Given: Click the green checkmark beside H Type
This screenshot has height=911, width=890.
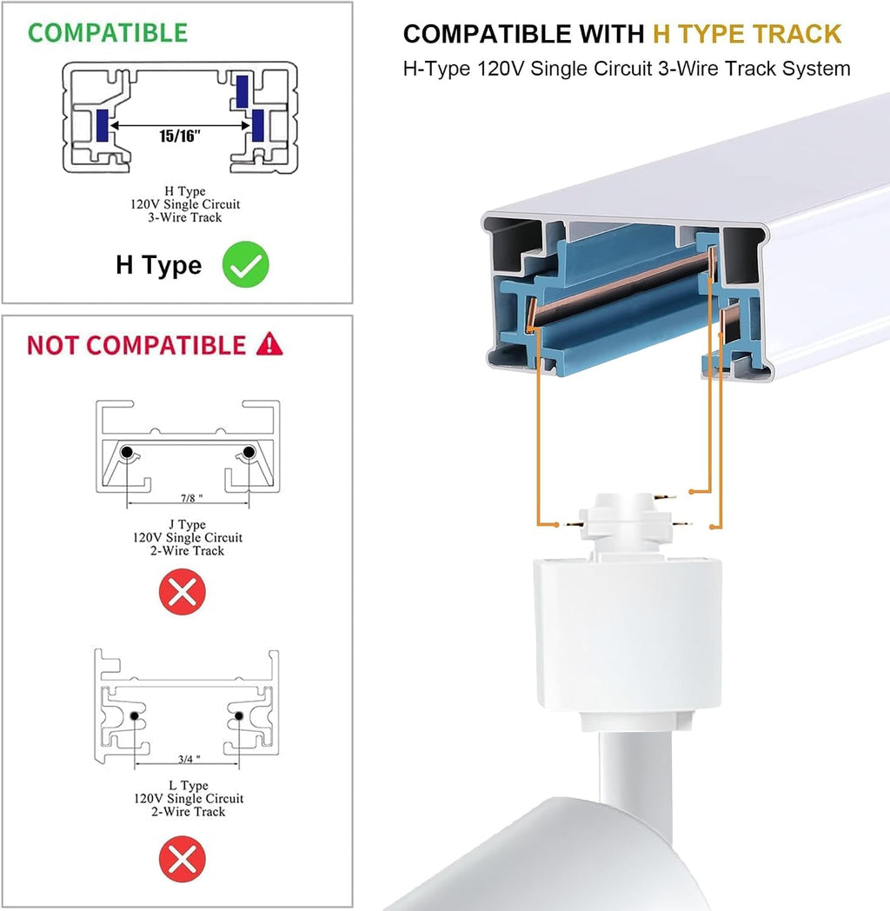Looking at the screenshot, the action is [x=246, y=264].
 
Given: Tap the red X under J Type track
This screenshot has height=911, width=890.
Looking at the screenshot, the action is [x=183, y=592].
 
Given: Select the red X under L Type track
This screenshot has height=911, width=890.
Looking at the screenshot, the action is [x=183, y=859].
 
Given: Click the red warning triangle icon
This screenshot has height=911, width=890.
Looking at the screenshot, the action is [x=269, y=344].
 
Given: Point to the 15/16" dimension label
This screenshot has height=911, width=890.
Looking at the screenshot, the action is [x=180, y=136].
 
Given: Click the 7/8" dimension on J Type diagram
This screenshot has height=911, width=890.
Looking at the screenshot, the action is [x=191, y=498].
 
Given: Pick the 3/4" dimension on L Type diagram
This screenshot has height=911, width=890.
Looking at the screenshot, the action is [x=189, y=759].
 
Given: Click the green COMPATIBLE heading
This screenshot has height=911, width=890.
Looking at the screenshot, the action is [x=108, y=32].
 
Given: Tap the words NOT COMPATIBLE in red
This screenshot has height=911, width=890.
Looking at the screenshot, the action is [x=136, y=345].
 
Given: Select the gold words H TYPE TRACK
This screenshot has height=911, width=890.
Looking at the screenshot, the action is [x=747, y=34].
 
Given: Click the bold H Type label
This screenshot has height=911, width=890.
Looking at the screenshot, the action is [x=158, y=265].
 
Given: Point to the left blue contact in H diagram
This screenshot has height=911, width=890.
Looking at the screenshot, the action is [x=103, y=125].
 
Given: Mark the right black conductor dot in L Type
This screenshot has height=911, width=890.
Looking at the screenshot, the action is [x=239, y=715].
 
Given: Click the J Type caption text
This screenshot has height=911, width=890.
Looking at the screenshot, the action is [x=187, y=537].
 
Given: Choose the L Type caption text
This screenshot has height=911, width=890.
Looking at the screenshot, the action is [x=189, y=798].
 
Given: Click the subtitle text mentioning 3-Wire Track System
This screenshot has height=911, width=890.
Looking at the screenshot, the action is [x=627, y=69].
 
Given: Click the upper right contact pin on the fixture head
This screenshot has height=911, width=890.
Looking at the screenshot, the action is [x=665, y=496].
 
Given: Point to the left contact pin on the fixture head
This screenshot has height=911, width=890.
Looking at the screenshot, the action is [x=574, y=524].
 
